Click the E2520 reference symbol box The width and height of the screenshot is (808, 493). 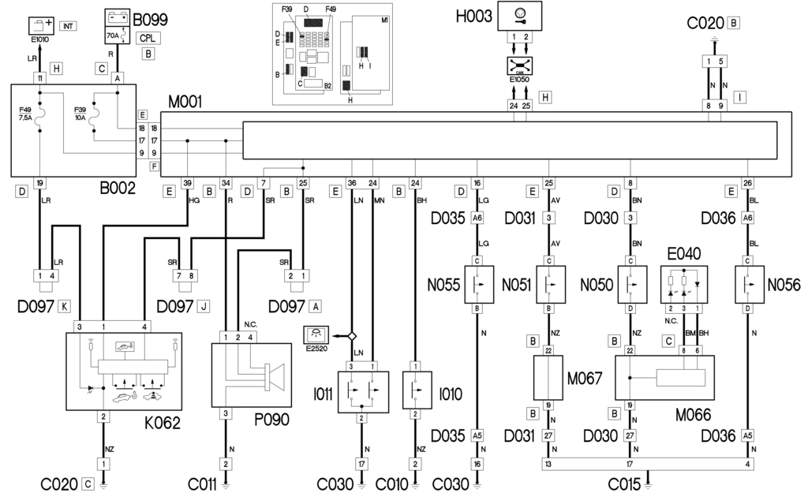(316, 335)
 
